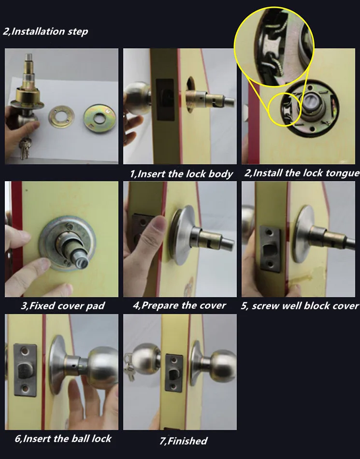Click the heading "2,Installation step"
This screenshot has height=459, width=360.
tap(45, 31)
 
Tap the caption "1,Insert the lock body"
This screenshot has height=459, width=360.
tap(182, 174)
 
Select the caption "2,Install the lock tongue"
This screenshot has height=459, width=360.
tap(302, 173)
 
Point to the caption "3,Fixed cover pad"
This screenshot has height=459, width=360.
tap(63, 306)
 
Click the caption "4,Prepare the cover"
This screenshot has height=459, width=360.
tap(179, 306)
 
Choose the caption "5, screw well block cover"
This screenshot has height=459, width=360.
tap(300, 306)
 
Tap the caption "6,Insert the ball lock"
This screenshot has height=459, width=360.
tap(63, 439)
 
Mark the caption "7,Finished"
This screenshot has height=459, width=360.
tap(184, 441)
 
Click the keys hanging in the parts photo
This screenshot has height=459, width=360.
tap(24, 147)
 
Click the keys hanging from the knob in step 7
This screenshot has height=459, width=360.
tap(129, 367)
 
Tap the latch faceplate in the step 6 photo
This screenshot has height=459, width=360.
tap(26, 370)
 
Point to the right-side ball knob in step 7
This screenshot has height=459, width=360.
tap(223, 366)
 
